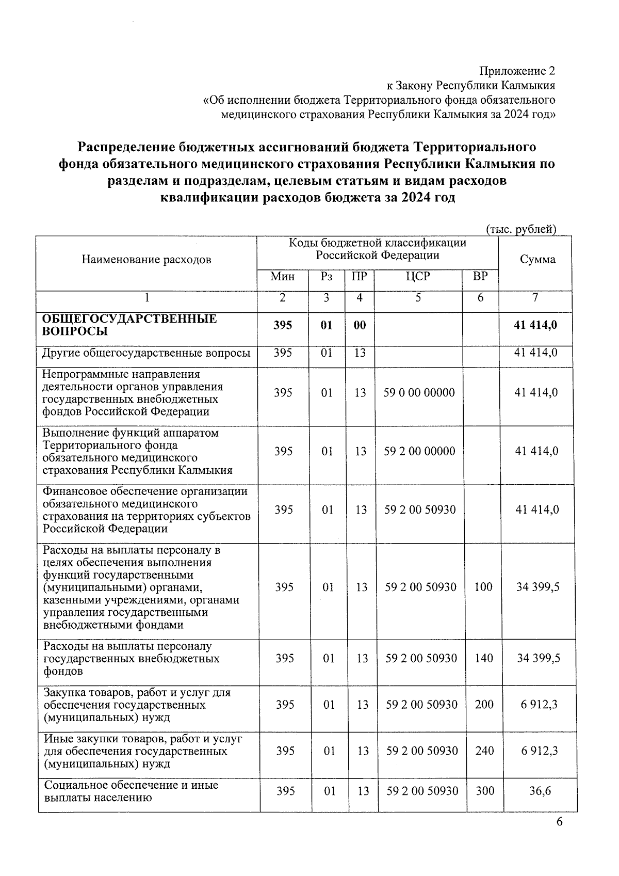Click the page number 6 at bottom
559,822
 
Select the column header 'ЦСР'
417,277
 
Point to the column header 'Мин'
282,277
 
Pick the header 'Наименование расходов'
146,260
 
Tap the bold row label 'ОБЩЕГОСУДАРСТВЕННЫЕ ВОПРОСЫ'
129,325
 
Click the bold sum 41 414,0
536,325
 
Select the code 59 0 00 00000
419,393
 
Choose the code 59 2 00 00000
419,451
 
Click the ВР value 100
483,587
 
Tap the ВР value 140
483,658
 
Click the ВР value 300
484,791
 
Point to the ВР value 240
484,751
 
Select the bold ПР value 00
360,325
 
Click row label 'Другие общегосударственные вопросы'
146,353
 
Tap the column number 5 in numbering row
417,298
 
